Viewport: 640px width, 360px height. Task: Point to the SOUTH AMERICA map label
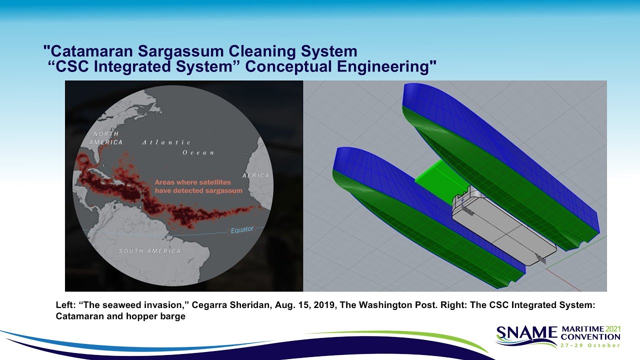pos(149,250)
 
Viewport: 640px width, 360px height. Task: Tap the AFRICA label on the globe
pos(255,175)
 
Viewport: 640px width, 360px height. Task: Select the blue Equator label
pos(242,230)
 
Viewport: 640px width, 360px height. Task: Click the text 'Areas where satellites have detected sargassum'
pos(198,187)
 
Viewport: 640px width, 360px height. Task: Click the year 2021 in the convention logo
pos(613,328)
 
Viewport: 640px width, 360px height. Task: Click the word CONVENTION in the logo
pos(590,336)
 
